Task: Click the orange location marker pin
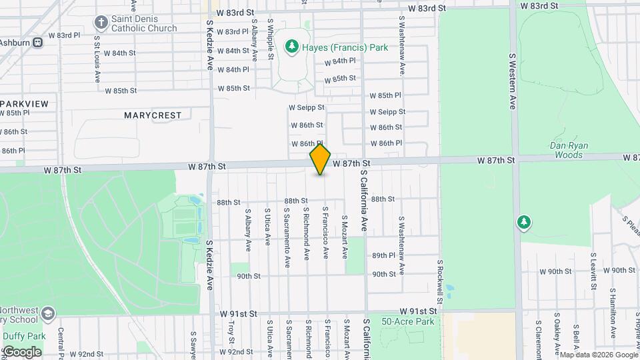pyautogui.click(x=321, y=159)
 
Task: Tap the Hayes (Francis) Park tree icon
pyautogui.click(x=291, y=46)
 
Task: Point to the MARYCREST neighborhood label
pyautogui.click(x=153, y=115)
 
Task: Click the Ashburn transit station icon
pyautogui.click(x=38, y=42)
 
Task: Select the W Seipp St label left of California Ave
pyautogui.click(x=306, y=107)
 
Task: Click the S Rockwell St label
pyautogui.click(x=441, y=280)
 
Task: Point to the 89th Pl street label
pyautogui.click(x=384, y=255)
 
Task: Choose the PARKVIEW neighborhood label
pyautogui.click(x=25, y=103)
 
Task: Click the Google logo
pyautogui.click(x=22, y=351)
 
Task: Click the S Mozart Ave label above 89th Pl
pyautogui.click(x=345, y=237)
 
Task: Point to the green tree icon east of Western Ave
pyautogui.click(x=524, y=222)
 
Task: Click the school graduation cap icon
pyautogui.click(x=47, y=313)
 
